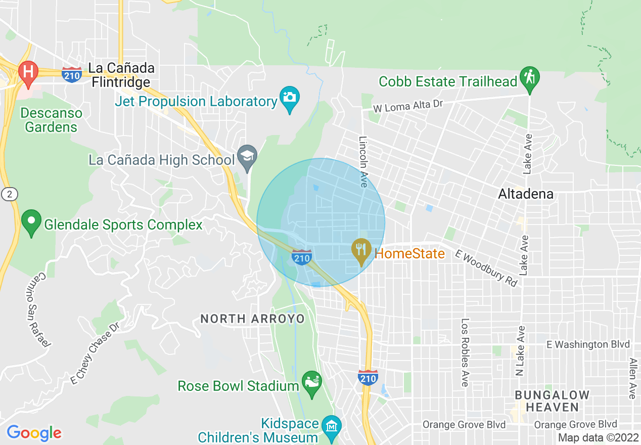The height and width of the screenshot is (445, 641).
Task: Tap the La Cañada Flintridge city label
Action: point(121,74)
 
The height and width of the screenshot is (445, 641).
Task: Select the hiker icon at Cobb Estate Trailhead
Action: point(529,77)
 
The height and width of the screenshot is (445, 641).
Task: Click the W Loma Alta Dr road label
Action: point(408,106)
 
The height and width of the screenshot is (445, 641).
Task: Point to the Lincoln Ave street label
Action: point(362,161)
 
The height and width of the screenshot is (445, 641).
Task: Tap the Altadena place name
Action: point(526,194)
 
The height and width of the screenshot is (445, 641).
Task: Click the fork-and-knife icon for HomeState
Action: point(361,249)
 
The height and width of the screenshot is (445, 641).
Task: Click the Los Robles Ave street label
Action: point(465,352)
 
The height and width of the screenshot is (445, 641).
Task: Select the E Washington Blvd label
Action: point(588,344)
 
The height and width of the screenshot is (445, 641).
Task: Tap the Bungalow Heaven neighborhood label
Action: point(552,401)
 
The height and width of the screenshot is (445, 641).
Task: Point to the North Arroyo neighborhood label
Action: point(253,319)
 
